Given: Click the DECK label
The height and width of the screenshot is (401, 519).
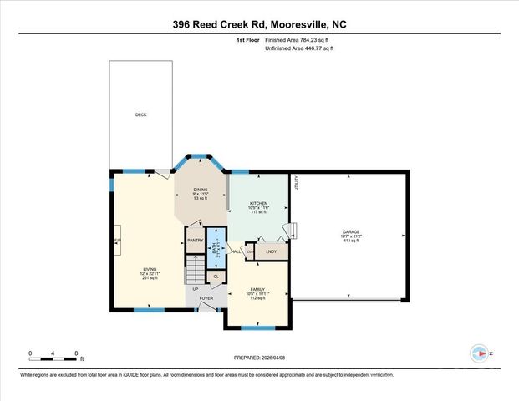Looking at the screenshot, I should (x=140, y=114).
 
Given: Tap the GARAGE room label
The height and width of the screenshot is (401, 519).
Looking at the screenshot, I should (x=350, y=231).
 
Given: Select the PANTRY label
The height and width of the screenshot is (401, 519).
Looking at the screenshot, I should (x=195, y=241).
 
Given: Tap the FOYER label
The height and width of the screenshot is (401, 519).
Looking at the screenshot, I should (x=206, y=297).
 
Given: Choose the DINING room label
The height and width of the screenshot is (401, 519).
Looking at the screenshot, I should (x=201, y=190).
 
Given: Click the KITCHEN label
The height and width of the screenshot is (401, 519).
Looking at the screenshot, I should (x=259, y=203).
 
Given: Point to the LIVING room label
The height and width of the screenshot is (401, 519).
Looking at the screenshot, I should (x=148, y=269).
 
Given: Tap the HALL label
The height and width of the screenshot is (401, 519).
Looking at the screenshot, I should (x=237, y=251).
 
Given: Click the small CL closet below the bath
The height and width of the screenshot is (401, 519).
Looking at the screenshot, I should (x=216, y=276).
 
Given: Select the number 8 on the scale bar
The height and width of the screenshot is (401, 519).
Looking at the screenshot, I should (x=77, y=353).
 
